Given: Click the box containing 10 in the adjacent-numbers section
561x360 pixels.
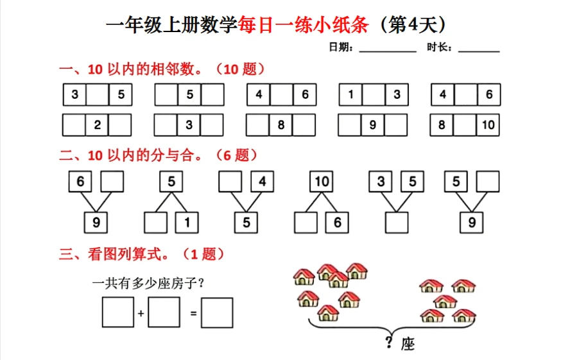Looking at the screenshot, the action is coord(488,125).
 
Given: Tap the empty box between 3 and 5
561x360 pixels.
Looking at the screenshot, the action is coord(98,95).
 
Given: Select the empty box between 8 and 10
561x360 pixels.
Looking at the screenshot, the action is coord(465,125).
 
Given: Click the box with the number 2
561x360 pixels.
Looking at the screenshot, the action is coord(98,125).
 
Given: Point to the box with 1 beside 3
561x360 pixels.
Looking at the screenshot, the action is coord(350,95).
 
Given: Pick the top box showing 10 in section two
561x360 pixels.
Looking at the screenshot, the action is coord(322,182).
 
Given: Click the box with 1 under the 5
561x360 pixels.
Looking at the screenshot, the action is coord(187,223).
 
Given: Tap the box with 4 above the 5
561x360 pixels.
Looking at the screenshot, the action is coord(262,182).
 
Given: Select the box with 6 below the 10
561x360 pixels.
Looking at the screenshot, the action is coord(337,223).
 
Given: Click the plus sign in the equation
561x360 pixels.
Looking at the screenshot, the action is coord(141,314).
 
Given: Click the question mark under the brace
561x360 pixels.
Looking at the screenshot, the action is coord(389,343).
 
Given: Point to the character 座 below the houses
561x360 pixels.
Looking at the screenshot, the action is coord(408,345).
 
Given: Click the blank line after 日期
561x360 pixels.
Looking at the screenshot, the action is coord(388,49).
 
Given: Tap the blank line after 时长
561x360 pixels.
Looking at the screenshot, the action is coord(479,49).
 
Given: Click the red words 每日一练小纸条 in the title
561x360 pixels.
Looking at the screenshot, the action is coord(303,26).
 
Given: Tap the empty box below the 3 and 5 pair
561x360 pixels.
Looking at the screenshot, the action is coord(397,223).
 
